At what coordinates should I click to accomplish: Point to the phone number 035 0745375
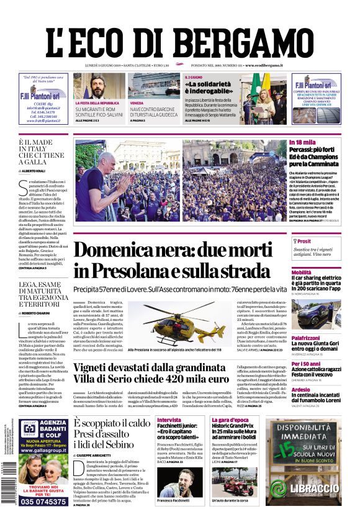tap(43, 502)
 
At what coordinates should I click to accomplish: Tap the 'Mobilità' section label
tap(302, 272)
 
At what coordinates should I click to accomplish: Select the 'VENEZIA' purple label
tap(137, 103)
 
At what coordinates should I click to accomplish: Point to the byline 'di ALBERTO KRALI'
tap(37, 169)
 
